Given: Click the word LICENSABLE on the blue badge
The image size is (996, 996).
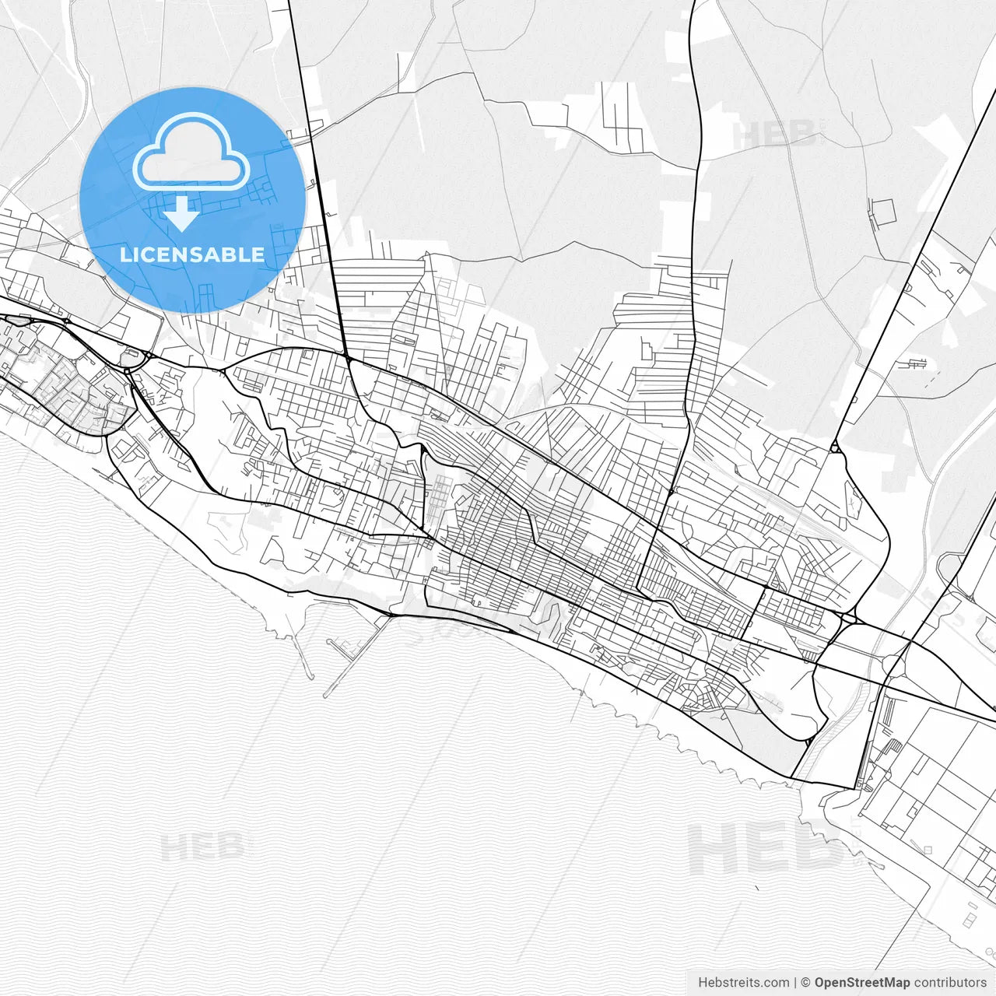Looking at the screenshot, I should [192, 254].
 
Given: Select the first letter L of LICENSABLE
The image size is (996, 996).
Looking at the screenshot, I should [124, 254].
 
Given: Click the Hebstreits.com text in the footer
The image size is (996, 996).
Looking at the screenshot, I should [743, 983].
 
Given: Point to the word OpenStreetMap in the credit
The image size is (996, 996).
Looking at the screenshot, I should [862, 983].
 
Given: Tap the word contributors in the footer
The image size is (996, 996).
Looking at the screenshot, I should [950, 983].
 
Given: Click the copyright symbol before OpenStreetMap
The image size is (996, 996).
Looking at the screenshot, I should [806, 983].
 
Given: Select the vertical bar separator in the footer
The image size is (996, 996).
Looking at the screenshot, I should [795, 983].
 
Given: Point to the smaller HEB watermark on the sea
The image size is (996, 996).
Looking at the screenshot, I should [204, 847].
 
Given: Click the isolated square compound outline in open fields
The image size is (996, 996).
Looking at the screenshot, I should [883, 211].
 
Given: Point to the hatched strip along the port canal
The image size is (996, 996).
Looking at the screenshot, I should [836, 731].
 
